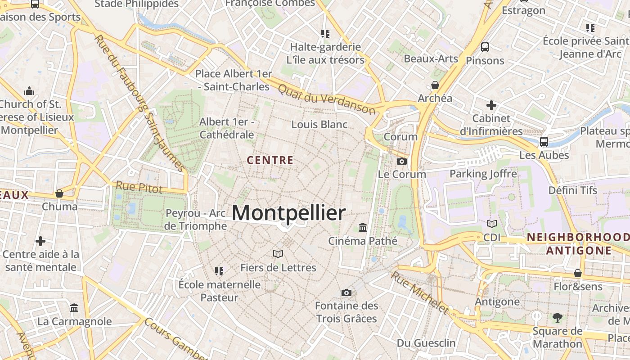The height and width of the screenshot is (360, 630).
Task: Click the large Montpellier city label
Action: point(288,213)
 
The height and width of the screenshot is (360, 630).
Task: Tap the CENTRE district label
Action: point(270,160)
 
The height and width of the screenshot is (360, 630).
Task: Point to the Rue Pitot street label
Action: point(139,187)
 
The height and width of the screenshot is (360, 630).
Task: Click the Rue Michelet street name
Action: point(419,292)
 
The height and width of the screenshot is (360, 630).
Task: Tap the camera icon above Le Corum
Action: point(402,161)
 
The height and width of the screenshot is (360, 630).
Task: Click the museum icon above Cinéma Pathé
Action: point(363,227)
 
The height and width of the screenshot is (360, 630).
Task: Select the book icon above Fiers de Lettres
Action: point(278,254)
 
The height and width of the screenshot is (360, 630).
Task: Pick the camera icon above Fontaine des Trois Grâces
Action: point(346,293)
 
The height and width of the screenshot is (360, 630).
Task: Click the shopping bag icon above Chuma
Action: point(59,193)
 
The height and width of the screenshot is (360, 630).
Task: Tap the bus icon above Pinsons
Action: point(485,47)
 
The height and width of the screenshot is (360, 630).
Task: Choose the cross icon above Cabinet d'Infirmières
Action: point(491,105)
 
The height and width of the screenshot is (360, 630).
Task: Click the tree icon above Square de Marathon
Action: point(557,318)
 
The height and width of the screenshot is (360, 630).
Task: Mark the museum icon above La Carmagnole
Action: point(74,308)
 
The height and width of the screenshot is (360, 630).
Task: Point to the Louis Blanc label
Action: point(319,124)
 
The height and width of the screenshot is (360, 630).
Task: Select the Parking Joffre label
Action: point(483,174)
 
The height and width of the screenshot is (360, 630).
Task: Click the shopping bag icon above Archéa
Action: point(435,85)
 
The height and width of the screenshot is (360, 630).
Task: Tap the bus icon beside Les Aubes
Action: point(544,142)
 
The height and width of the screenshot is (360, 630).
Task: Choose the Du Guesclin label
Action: point(426,343)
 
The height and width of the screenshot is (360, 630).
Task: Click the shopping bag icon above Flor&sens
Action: point(578,273)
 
